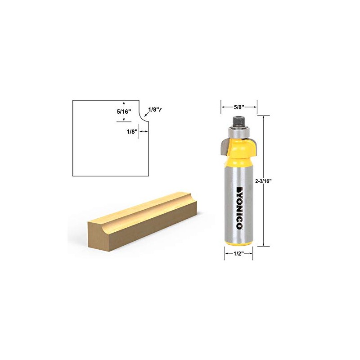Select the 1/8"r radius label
[x=155, y=108]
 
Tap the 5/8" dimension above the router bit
[x=238, y=107]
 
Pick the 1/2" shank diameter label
[x=238, y=253]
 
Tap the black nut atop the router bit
[x=238, y=120]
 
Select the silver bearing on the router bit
[x=238, y=131]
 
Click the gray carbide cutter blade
[x=224, y=145]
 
